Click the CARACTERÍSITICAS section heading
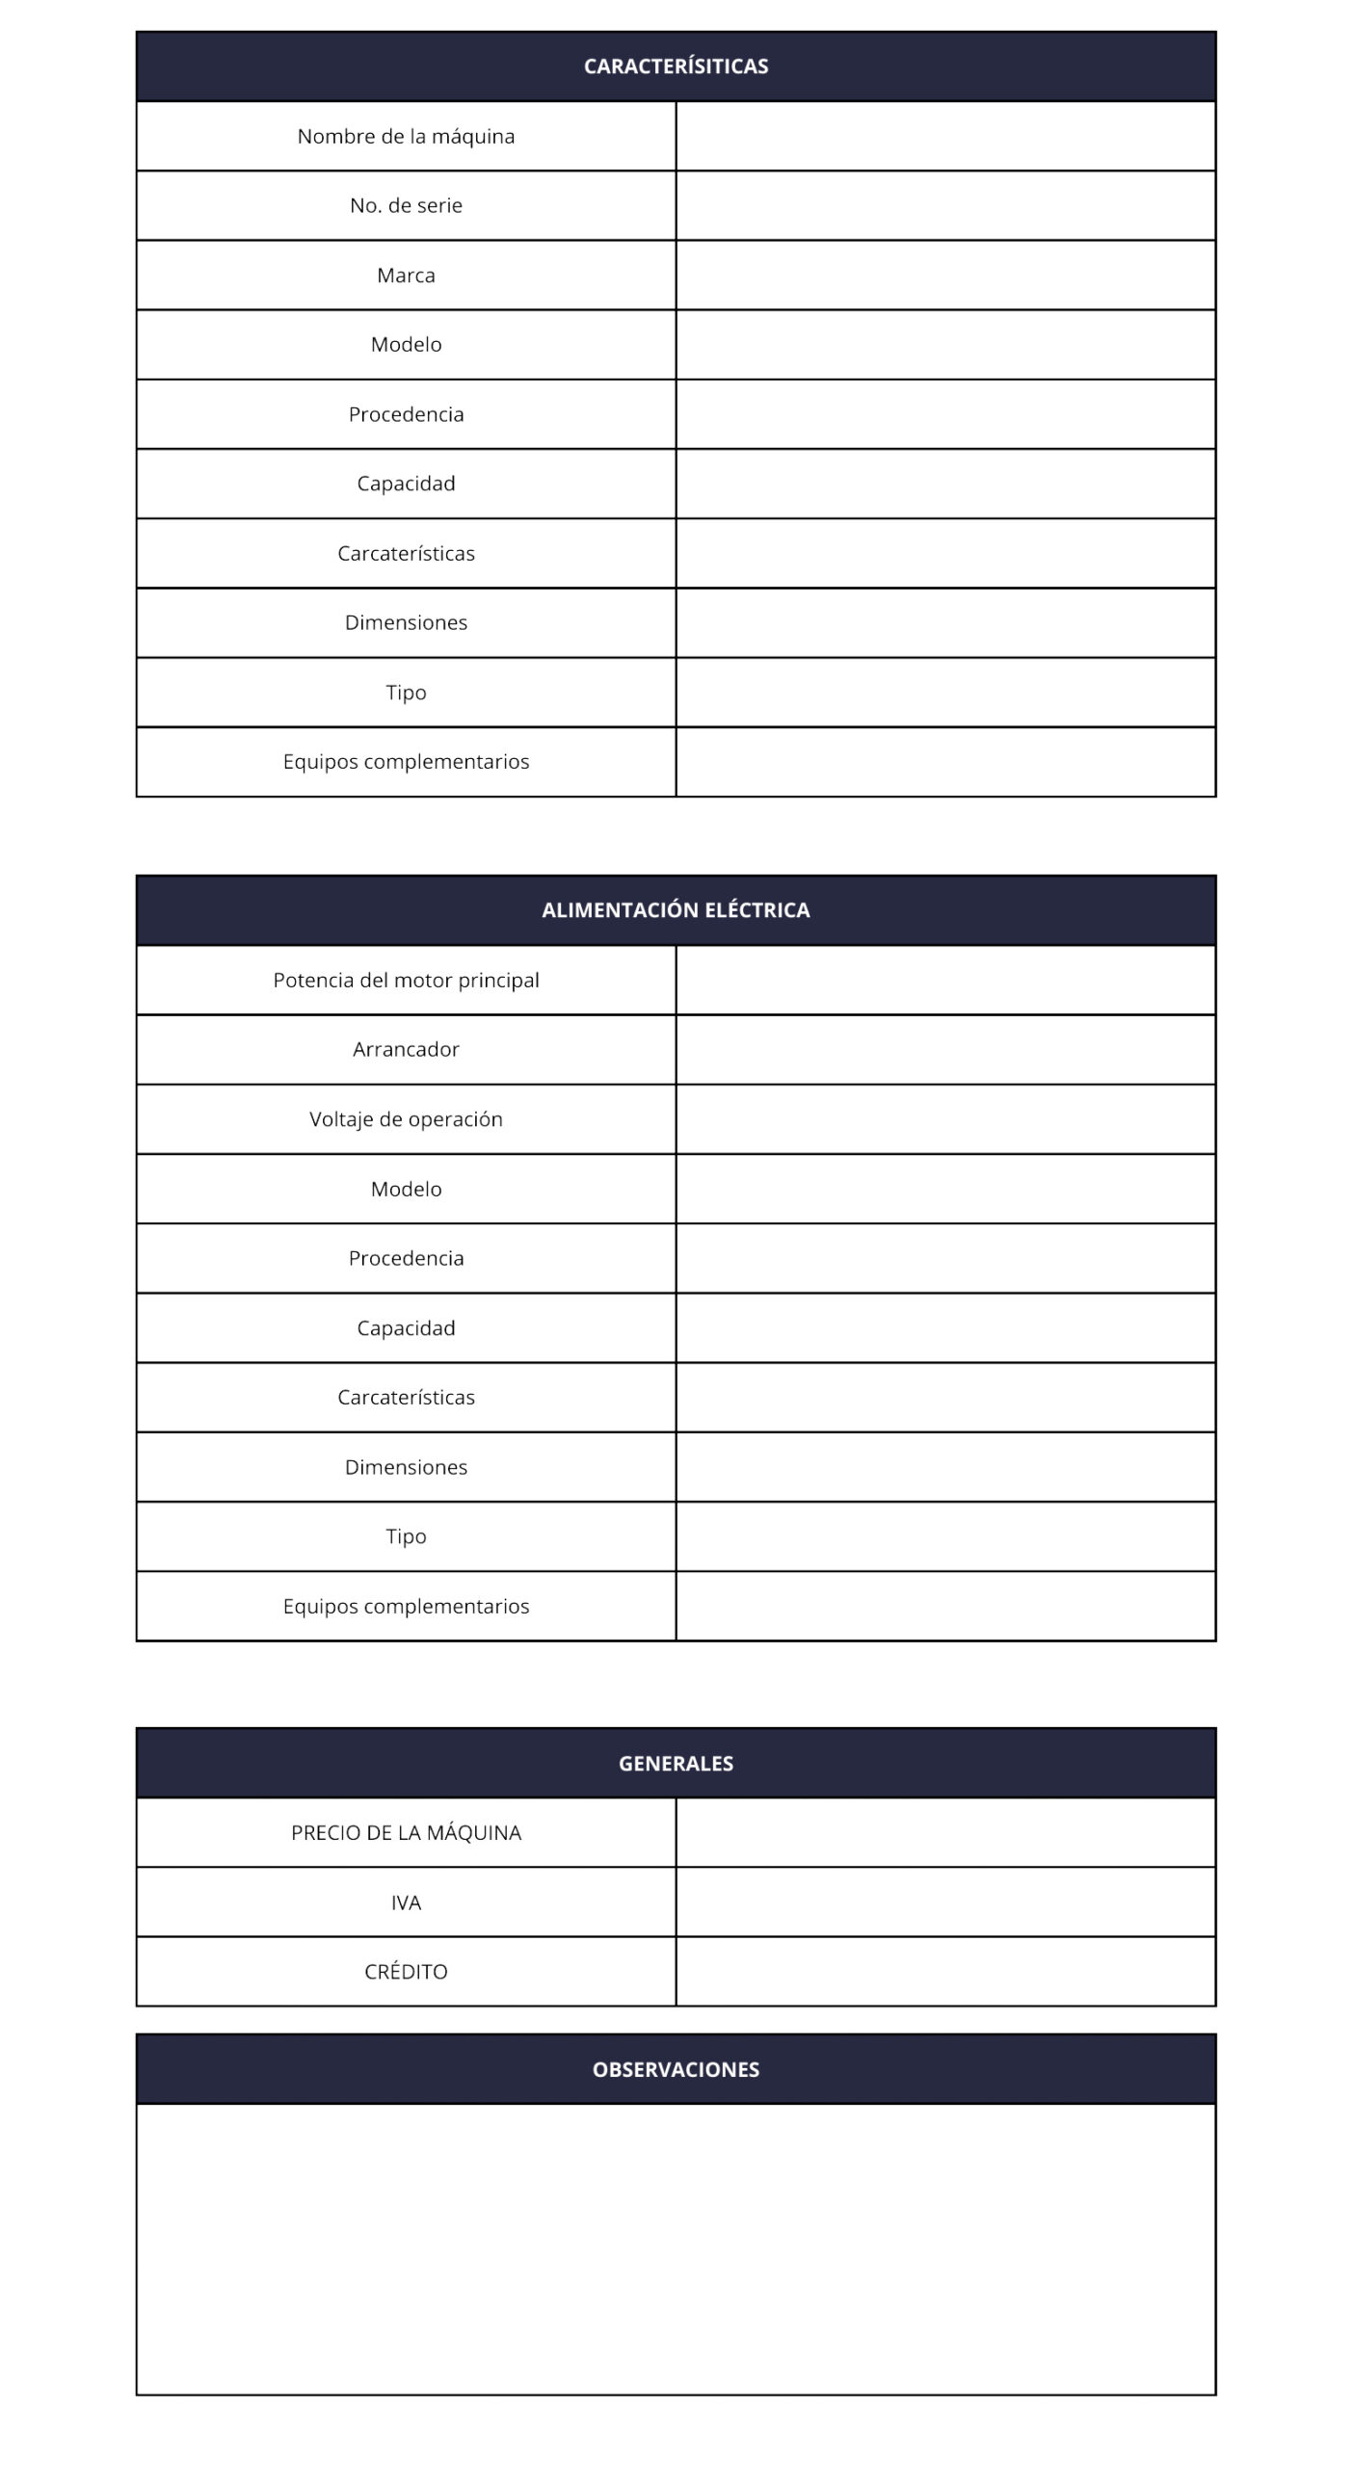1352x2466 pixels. (676, 66)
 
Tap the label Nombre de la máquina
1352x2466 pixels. (406, 137)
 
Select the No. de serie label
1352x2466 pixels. (406, 206)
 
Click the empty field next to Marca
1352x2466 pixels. (945, 275)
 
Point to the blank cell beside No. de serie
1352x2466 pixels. (945, 206)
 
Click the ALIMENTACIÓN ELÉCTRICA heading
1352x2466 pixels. (676, 910)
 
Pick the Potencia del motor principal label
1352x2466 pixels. (406, 981)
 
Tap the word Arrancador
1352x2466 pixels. (406, 1050)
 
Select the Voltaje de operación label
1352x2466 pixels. (406, 1119)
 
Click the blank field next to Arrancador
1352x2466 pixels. (945, 1050)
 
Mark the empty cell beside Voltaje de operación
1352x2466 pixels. (945, 1119)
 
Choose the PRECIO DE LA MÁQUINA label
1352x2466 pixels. (406, 1833)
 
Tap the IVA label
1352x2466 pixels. (406, 1902)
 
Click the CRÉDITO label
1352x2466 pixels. (406, 1972)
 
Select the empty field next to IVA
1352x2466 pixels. (945, 1902)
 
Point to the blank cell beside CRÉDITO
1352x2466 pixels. (945, 1972)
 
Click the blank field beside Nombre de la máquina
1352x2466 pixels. (945, 137)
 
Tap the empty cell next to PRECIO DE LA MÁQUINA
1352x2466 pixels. (945, 1833)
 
